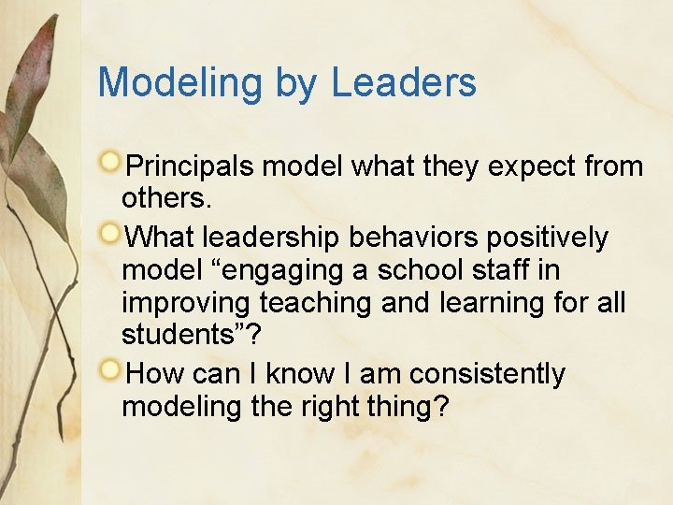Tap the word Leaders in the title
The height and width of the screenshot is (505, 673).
403,82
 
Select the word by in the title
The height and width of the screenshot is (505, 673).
296,84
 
